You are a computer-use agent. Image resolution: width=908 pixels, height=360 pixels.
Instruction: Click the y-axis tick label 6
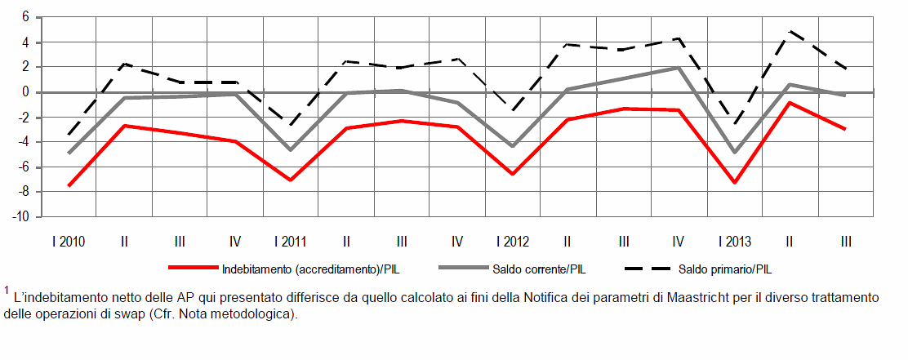click(25, 16)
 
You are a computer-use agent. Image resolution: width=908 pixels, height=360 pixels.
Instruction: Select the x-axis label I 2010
click(69, 242)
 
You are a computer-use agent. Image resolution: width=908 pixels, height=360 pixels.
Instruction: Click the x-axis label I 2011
click(290, 242)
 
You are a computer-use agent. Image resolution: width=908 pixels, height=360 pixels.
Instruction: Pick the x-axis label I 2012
click(512, 242)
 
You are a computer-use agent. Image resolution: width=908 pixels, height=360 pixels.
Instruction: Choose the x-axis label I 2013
click(734, 242)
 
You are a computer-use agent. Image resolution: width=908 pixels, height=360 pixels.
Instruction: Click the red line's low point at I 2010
click(69, 186)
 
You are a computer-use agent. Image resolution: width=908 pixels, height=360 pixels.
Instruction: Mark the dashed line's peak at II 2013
click(790, 31)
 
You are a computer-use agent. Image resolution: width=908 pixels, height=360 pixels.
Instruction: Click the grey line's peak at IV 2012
click(679, 67)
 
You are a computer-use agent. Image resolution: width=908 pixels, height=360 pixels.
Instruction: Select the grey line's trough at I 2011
click(290, 150)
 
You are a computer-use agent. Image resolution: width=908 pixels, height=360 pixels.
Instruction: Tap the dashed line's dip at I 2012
click(512, 111)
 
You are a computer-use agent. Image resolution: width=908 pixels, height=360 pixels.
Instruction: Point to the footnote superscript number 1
click(7, 290)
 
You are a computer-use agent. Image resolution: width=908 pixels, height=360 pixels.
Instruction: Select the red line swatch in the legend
click(192, 268)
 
